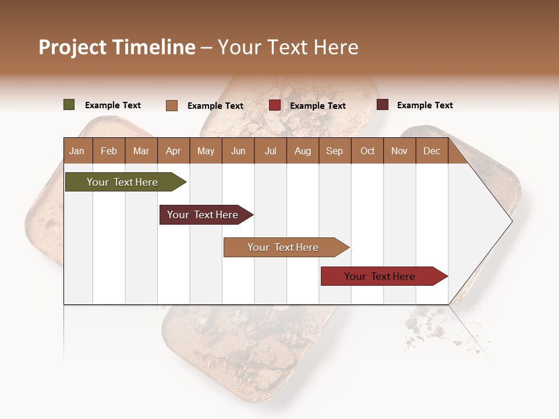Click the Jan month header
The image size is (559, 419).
coord(77,151)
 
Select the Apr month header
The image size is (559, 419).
coord(173,151)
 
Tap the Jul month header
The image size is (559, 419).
coord(270,151)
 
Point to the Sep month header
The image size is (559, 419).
coord(334,151)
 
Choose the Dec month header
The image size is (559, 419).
coord(431,151)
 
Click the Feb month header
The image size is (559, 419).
coord(109,151)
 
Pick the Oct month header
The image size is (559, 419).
coord(367,151)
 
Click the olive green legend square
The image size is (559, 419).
coord(69,105)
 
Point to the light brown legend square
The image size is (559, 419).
coord(172,105)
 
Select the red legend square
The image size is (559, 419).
coord(275,105)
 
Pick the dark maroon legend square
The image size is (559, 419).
coord(383,105)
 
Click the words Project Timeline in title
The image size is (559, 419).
coord(117,47)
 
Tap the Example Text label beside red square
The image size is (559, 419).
coord(318,106)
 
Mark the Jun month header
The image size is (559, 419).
coord(238,151)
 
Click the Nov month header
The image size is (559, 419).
coord(399,151)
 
